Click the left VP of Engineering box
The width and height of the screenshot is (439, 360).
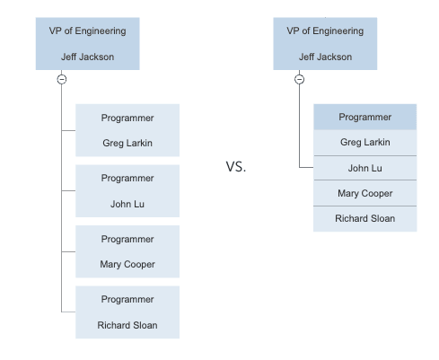tap(88, 44)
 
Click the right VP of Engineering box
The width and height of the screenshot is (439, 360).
tap(325, 44)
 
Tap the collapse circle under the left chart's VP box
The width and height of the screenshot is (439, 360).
tap(62, 79)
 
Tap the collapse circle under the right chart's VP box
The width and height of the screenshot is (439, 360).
tap(299, 79)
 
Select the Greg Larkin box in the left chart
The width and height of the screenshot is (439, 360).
tap(127, 130)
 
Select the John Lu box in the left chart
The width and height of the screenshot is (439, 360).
tap(127, 190)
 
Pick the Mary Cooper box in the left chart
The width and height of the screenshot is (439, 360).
tap(127, 251)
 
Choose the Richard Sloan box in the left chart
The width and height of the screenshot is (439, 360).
tap(127, 312)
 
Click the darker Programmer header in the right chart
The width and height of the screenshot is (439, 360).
tap(365, 117)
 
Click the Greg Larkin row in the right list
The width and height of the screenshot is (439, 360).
tap(365, 143)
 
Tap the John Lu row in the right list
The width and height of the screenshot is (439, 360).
tap(365, 168)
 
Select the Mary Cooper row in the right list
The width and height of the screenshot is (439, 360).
tap(365, 193)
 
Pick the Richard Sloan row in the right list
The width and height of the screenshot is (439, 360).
tap(365, 219)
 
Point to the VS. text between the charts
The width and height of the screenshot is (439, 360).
tap(236, 167)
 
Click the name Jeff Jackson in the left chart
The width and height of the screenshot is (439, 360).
tap(88, 57)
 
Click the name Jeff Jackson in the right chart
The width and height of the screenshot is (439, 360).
tap(325, 57)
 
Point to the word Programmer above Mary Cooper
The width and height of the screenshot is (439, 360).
tap(127, 239)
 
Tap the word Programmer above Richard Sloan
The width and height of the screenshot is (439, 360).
tap(127, 299)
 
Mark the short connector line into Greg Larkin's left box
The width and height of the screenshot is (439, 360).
tap(68, 130)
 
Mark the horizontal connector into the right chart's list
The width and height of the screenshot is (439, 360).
tap(306, 167)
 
